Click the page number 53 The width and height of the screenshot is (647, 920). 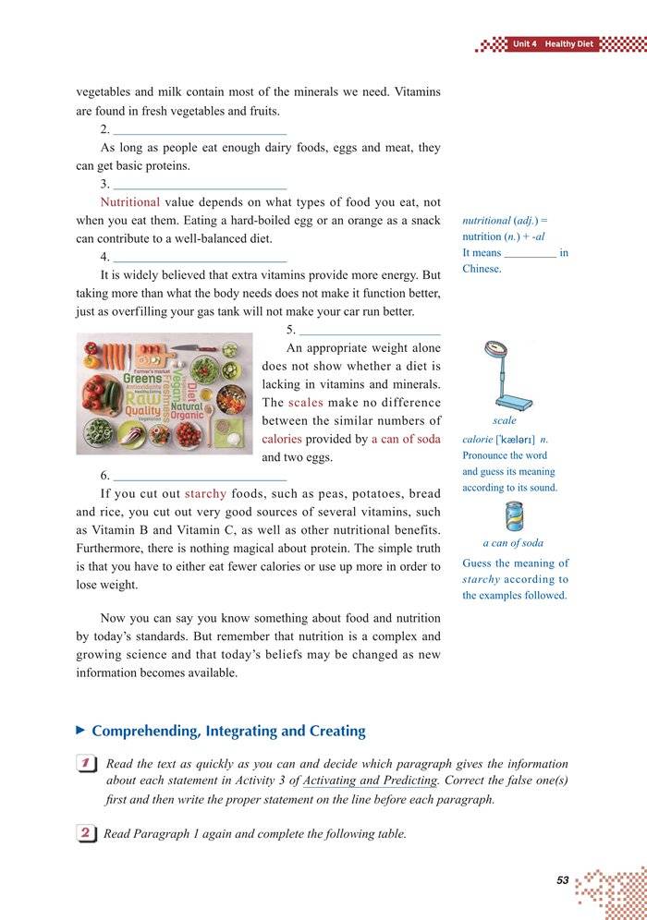tap(562, 880)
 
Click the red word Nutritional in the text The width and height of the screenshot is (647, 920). tap(130, 202)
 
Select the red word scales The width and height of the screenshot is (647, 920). tap(305, 403)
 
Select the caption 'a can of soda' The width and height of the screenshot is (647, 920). tap(513, 543)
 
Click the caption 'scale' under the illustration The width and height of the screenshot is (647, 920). tap(505, 420)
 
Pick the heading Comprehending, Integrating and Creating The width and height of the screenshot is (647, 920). tap(228, 731)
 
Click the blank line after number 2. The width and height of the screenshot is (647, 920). tap(200, 130)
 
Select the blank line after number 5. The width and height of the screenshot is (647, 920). tap(371, 330)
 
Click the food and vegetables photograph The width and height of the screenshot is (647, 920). tap(165, 393)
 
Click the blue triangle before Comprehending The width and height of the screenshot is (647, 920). tap(80, 730)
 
